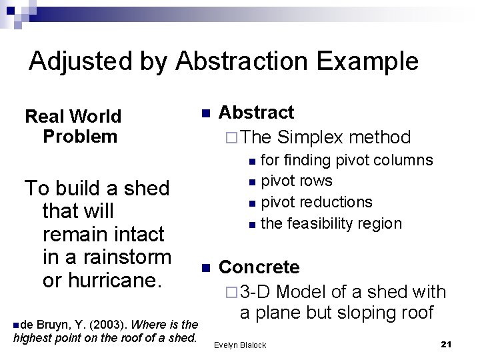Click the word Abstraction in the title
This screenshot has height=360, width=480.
pos(247,61)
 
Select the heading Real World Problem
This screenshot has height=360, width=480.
pos(73,126)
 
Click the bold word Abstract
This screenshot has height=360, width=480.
pos(256,112)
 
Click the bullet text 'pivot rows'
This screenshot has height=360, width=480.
pos(296,181)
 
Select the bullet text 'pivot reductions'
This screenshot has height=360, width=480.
pos(316,201)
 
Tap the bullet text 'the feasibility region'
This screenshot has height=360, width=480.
pos(331,223)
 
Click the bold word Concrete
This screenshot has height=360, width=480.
pos(259,267)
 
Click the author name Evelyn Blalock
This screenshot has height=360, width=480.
pos(239,345)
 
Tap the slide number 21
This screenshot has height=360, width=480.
pos(447,344)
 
